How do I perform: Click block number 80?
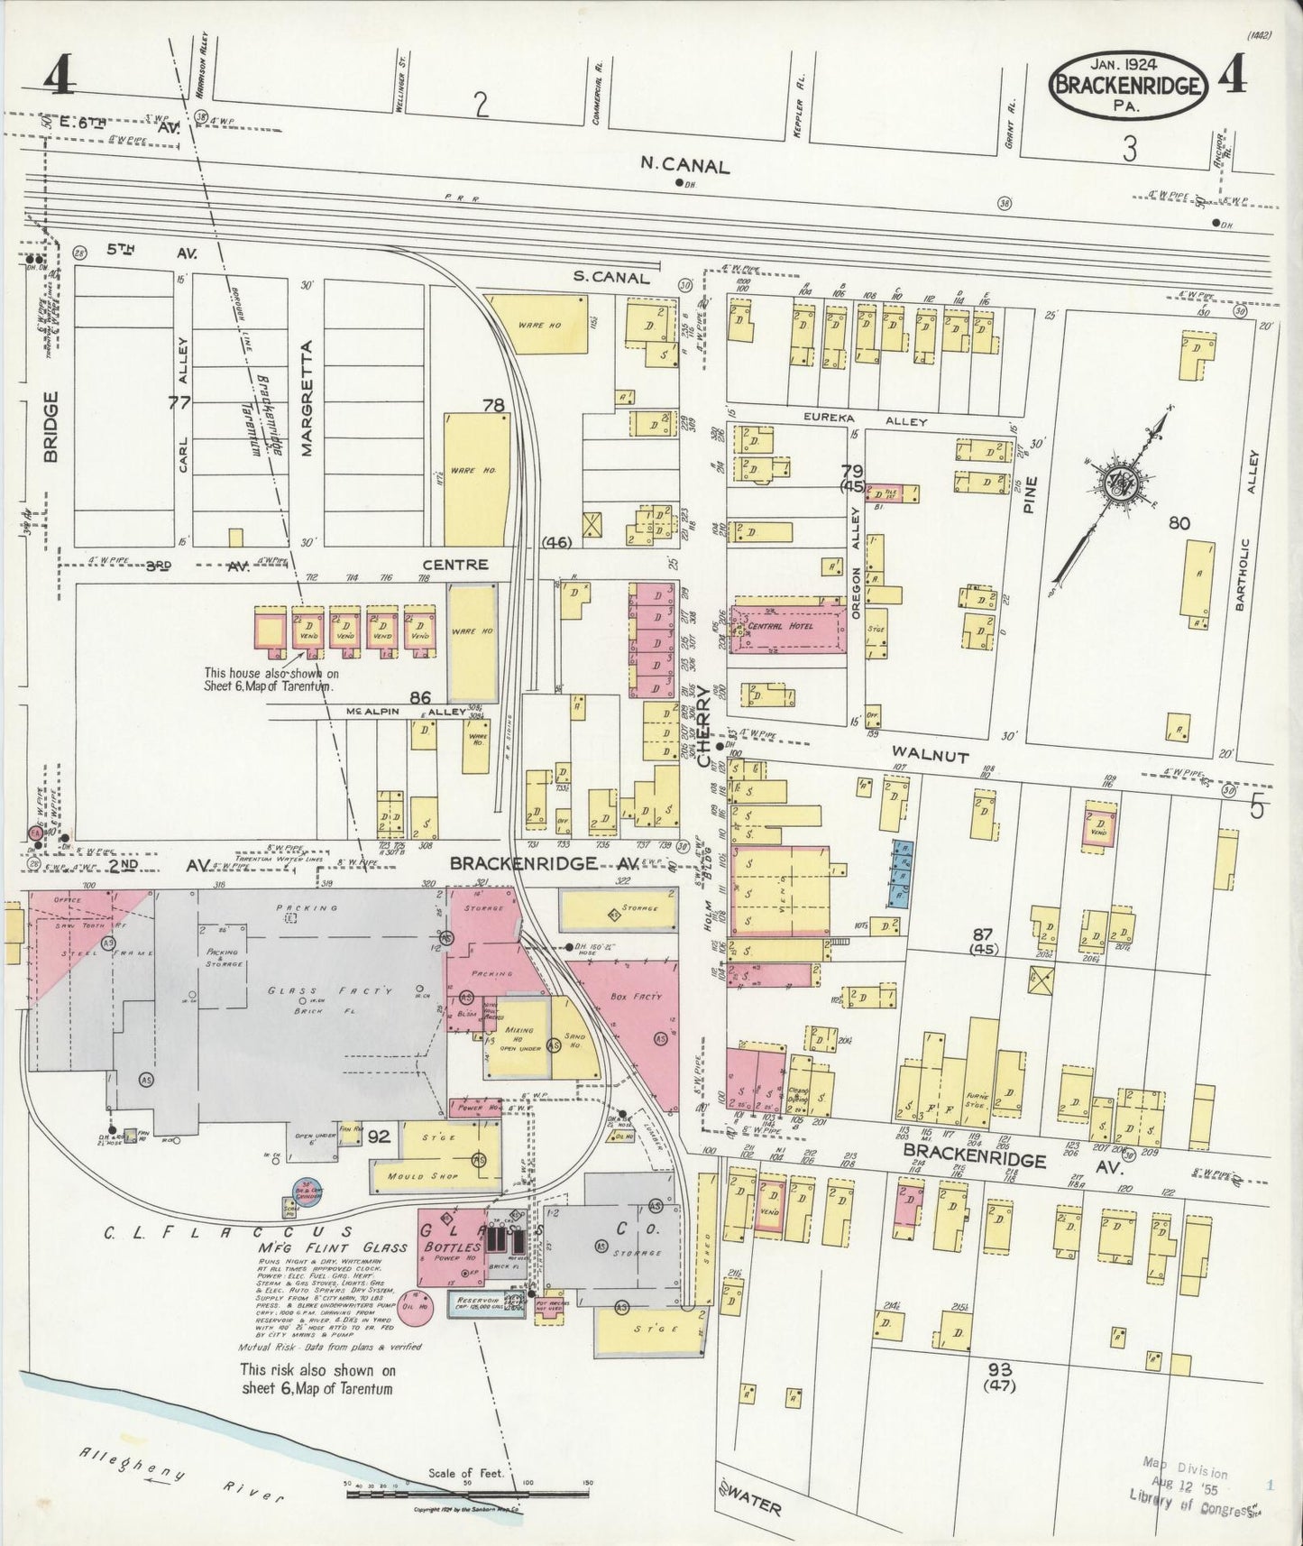pyautogui.click(x=1179, y=522)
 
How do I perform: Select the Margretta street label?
pyautogui.click(x=307, y=398)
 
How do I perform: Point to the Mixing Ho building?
pyautogui.click(x=518, y=1036)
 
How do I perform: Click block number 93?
pyautogui.click(x=1001, y=1369)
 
